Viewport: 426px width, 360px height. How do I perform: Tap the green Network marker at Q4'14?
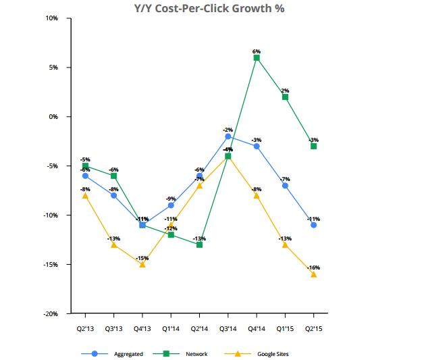(x=257, y=58)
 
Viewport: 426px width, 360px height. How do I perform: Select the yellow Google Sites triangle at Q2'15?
(x=313, y=274)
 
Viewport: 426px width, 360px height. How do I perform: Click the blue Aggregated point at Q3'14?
(x=228, y=136)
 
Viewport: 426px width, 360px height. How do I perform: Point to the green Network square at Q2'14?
(x=200, y=245)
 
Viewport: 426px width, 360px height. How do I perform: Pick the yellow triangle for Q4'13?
(x=142, y=264)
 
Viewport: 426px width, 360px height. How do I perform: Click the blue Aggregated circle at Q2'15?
(x=313, y=225)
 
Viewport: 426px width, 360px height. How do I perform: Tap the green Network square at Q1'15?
(x=285, y=97)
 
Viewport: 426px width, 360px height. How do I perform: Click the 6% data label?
(x=257, y=51)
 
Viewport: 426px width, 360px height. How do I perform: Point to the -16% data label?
(x=313, y=267)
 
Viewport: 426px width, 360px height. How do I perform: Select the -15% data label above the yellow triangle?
(x=142, y=257)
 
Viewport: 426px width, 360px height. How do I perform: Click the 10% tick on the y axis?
(x=51, y=18)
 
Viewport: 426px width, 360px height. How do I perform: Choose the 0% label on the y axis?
(x=53, y=117)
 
